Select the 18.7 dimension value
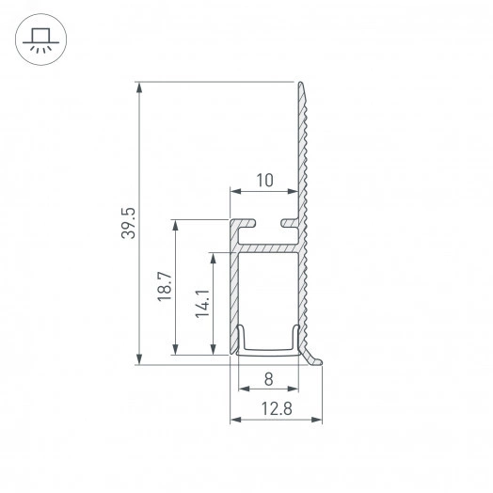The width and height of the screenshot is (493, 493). pyautogui.click(x=165, y=287)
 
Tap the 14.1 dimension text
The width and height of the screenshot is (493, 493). pyautogui.click(x=201, y=304)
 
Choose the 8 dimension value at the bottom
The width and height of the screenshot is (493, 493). pyautogui.click(x=268, y=380)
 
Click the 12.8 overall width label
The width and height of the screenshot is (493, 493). pyautogui.click(x=277, y=407)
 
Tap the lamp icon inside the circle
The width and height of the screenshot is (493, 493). pyautogui.click(x=40, y=39)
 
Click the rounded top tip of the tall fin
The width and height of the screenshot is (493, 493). pyautogui.click(x=302, y=87)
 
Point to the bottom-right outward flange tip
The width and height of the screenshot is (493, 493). pyautogui.click(x=322, y=360)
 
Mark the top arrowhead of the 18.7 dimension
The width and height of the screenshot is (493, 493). pyautogui.click(x=176, y=225)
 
